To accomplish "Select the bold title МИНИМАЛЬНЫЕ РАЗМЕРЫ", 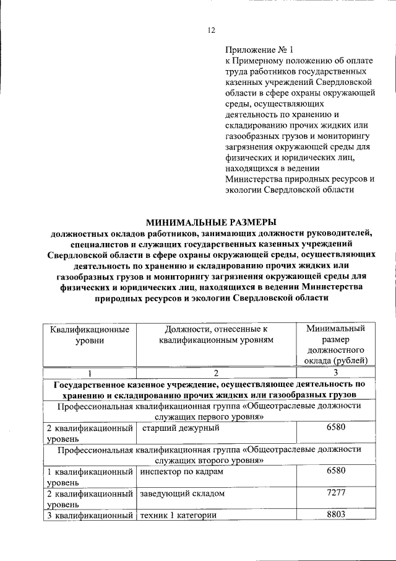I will coord(210,221).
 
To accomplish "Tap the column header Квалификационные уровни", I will coord(90,334).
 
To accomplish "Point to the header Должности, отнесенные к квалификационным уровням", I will coord(216,334).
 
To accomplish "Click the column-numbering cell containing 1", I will coord(90,373).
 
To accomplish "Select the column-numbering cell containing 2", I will coord(216,373).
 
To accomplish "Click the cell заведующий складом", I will coord(181,494).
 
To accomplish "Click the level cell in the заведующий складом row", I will coord(90,499).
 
